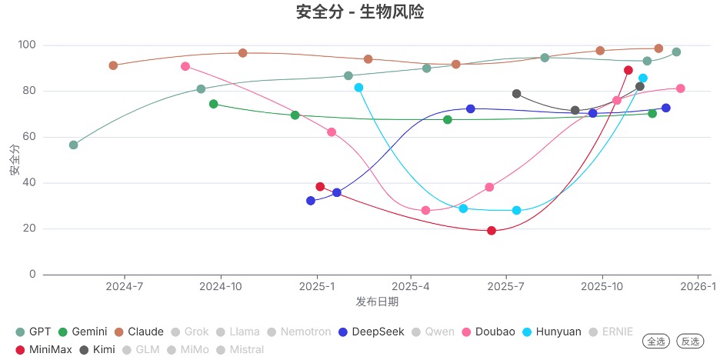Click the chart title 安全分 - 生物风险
[360, 12]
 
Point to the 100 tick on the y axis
[27, 45]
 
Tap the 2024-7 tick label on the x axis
[125, 287]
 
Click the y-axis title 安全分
[15, 160]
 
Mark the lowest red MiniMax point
[492, 231]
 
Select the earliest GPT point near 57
[73, 145]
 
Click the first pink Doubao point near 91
[185, 66]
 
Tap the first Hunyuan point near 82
[358, 88]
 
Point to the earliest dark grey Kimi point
[516, 94]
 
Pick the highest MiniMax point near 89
[628, 70]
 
